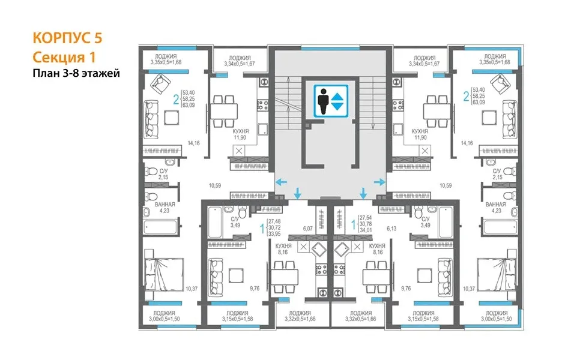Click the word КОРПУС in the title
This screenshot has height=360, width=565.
[x=62, y=38]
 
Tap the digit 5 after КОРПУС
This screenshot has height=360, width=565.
[x=98, y=38]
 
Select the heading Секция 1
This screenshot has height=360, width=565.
[x=64, y=57]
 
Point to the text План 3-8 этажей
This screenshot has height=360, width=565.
[x=76, y=73]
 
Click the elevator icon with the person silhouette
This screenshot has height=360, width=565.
[x=331, y=101]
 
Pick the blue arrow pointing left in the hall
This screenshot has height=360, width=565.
[x=281, y=182]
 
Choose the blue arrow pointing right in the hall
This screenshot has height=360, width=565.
[x=379, y=182]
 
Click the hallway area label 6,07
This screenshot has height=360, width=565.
[x=308, y=229]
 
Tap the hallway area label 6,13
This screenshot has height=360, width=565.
[x=391, y=229]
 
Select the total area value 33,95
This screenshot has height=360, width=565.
[x=274, y=234]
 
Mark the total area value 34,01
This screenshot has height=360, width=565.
[x=366, y=230]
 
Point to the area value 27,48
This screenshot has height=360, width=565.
[x=274, y=222]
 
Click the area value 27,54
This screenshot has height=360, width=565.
[x=366, y=218]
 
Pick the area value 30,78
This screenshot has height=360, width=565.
[x=366, y=224]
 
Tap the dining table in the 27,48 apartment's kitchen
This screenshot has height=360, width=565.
[x=285, y=277]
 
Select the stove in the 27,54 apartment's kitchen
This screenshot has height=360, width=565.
[x=339, y=269]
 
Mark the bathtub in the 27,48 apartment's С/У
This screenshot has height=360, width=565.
[x=215, y=222]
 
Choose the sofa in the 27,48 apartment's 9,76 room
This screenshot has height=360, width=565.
[x=216, y=277]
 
